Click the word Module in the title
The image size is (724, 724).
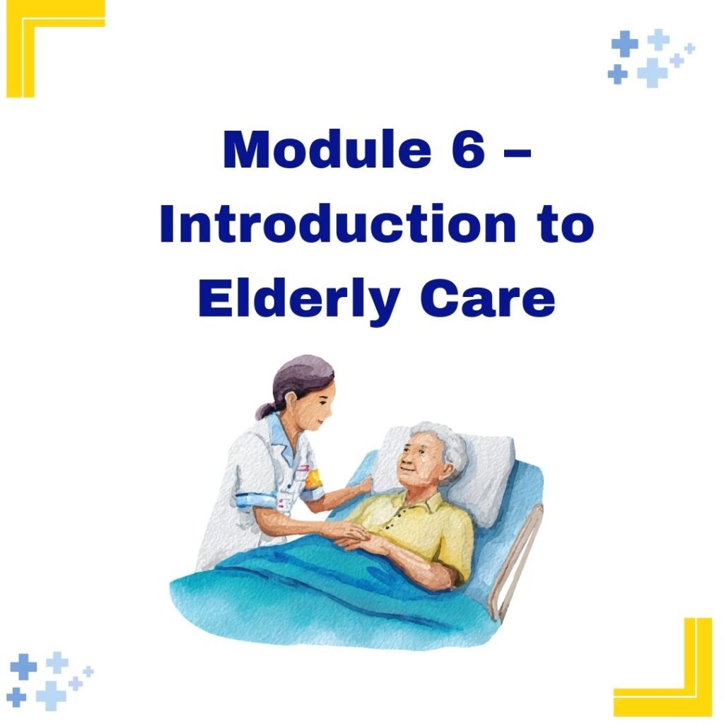point(327,150)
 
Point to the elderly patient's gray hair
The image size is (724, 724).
point(443,444)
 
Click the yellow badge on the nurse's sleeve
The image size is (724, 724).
point(311,479)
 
